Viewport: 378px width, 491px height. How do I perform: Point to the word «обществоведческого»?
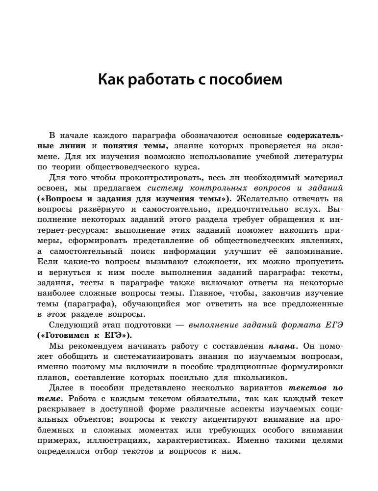[115, 166]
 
